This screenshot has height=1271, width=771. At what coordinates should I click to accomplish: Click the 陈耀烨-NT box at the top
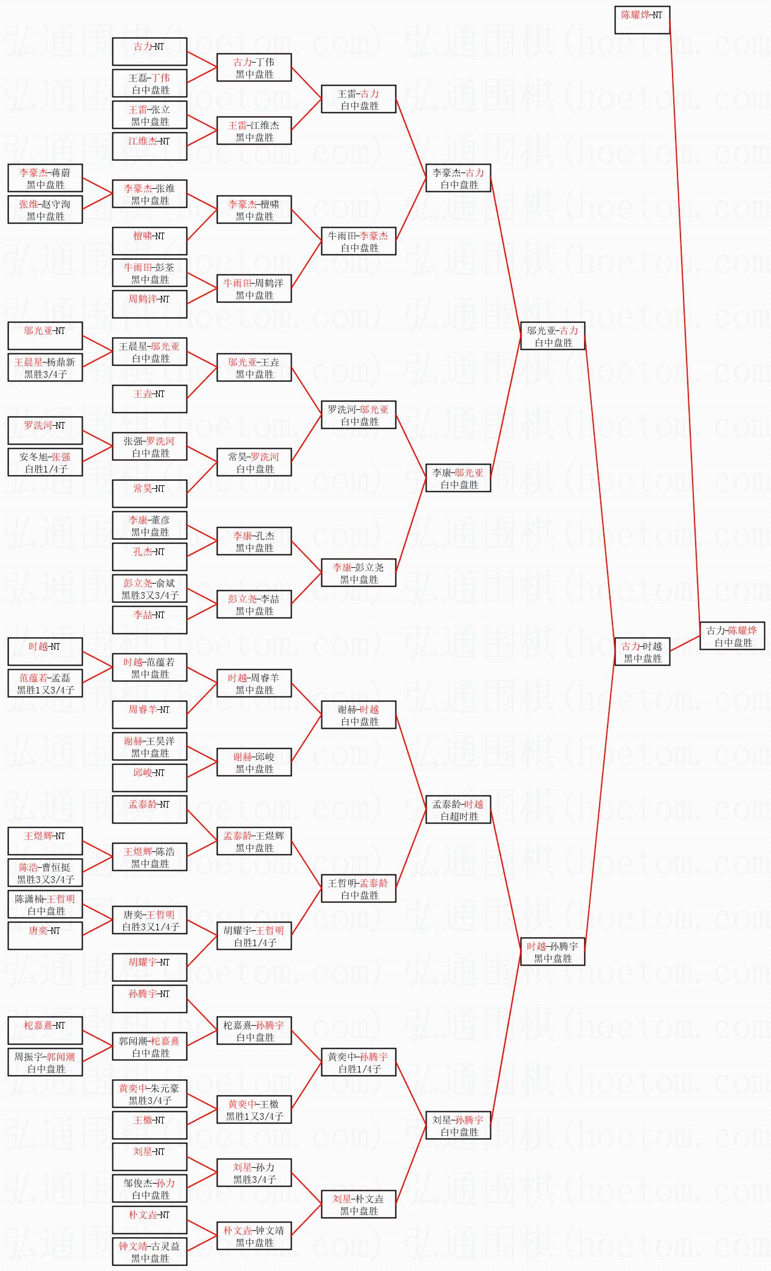tap(642, 20)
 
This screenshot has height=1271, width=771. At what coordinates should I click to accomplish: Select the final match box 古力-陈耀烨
tap(732, 636)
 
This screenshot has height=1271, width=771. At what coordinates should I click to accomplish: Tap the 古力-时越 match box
tap(642, 652)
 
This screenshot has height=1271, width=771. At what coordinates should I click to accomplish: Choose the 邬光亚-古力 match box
tap(552, 336)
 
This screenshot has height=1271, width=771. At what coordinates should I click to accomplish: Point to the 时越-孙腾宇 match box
tap(552, 952)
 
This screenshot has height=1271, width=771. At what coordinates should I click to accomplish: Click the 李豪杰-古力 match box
tap(457, 178)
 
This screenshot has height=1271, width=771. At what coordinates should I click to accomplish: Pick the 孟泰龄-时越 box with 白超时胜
tap(457, 809)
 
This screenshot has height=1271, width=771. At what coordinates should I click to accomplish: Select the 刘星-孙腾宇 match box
tap(457, 1125)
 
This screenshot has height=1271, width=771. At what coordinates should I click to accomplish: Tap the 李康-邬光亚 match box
tap(457, 478)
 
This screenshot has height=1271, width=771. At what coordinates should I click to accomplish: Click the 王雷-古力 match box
tap(358, 99)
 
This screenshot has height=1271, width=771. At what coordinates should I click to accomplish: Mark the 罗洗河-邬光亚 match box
tap(358, 415)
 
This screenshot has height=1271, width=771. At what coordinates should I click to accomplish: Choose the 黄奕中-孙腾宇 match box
tap(358, 1062)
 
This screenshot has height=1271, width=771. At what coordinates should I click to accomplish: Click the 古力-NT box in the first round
tap(149, 52)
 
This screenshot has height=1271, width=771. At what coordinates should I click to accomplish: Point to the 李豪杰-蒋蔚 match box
tap(45, 178)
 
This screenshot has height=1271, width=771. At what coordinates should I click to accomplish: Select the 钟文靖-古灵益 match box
tap(149, 1252)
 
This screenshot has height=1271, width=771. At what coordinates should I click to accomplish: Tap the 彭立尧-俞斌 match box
tap(149, 588)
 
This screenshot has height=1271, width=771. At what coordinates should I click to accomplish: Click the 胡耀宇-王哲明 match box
tap(254, 936)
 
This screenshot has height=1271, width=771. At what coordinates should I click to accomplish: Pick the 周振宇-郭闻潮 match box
tap(45, 1062)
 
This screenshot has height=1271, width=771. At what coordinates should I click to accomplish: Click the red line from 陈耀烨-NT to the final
tap(685, 322)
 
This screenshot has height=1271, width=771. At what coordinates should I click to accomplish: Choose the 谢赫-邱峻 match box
tap(254, 762)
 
